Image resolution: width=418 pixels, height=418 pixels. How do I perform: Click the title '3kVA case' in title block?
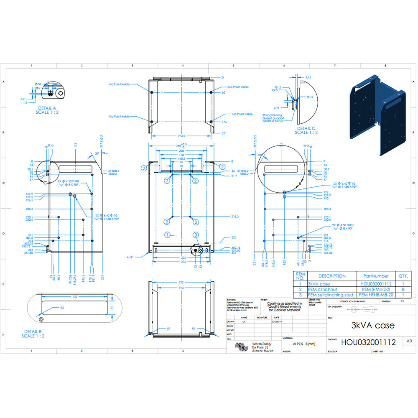coord(373,325)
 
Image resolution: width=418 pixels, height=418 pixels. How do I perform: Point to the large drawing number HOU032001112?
coord(368,342)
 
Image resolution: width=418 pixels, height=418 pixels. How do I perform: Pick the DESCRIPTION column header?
coord(332,276)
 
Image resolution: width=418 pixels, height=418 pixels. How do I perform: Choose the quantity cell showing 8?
coord(403,289)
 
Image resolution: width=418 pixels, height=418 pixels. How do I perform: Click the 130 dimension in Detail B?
coord(74,296)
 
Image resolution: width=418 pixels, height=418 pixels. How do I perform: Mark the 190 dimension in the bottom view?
coord(181,288)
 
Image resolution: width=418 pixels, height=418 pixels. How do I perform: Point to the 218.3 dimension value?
coord(234,217)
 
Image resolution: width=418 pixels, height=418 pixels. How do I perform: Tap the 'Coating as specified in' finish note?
coord(285,304)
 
